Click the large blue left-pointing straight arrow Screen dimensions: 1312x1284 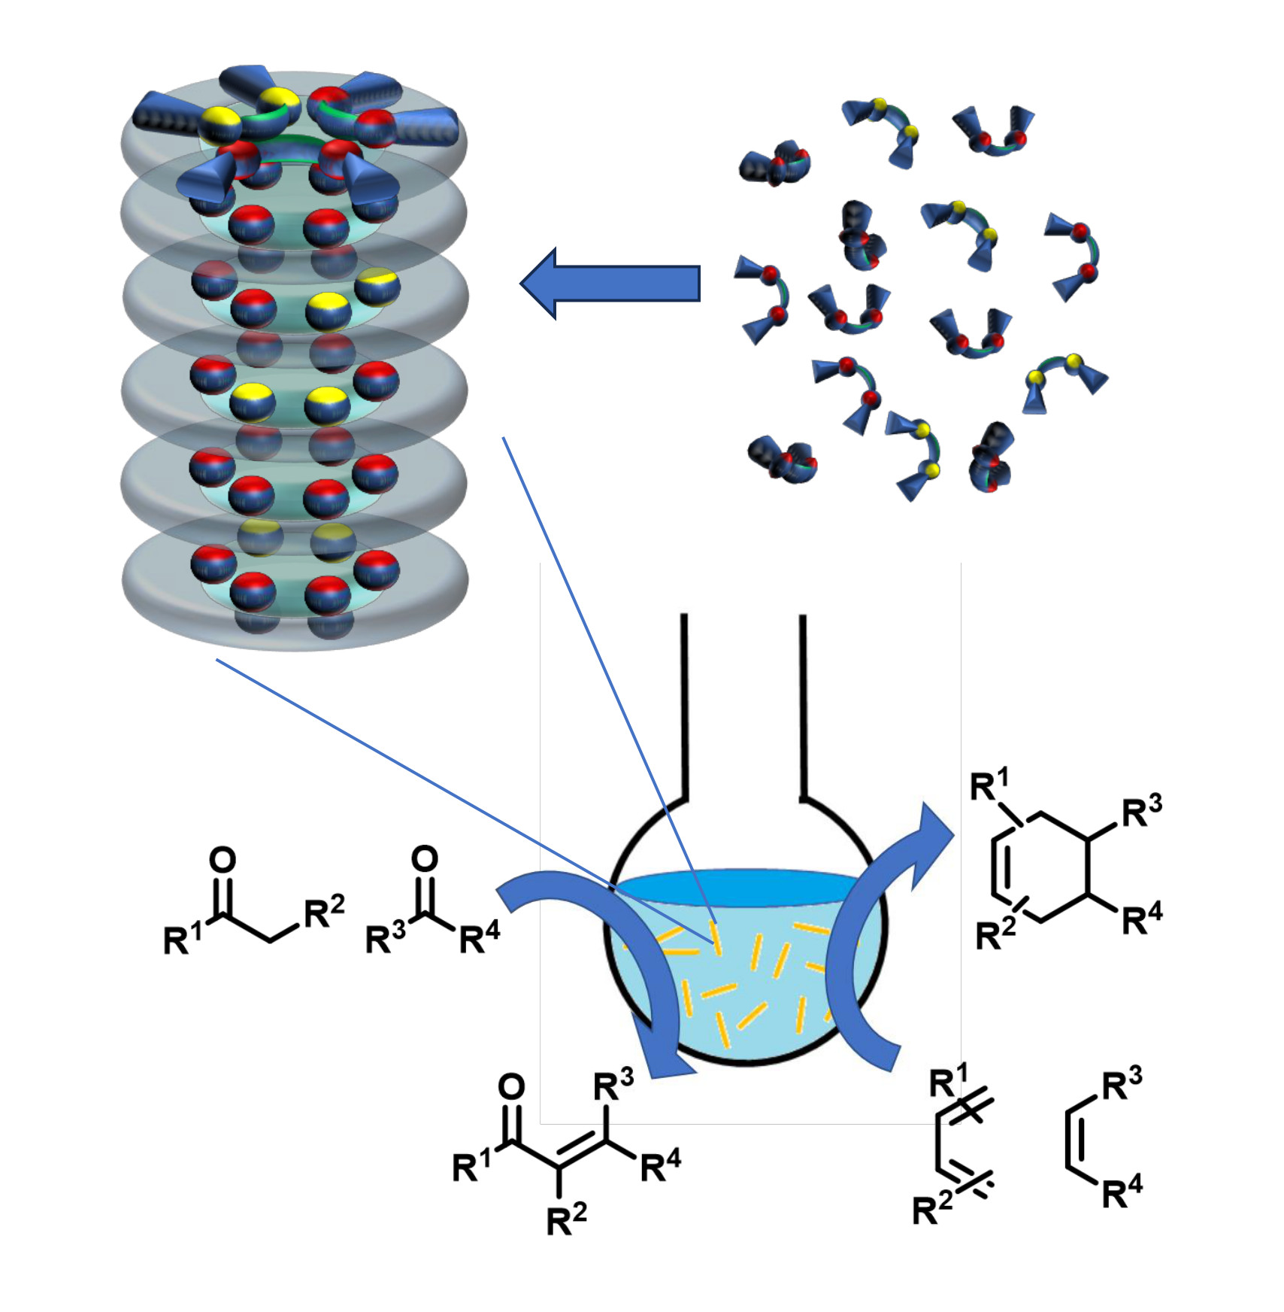610,284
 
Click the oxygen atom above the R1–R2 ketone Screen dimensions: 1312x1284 223,859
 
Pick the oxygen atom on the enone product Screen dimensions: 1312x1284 511,1087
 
